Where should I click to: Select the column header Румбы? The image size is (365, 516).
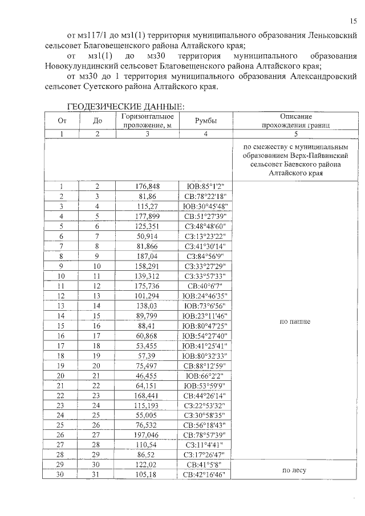[x=206, y=121]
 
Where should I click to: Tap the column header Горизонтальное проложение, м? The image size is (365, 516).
[x=147, y=121]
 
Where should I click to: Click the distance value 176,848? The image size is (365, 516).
[x=147, y=186]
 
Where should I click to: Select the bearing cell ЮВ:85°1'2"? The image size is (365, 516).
[x=206, y=186]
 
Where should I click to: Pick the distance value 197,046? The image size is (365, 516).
[x=147, y=434]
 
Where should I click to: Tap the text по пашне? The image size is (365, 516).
[x=295, y=322]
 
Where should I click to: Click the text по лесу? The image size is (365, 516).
[x=295, y=470]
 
